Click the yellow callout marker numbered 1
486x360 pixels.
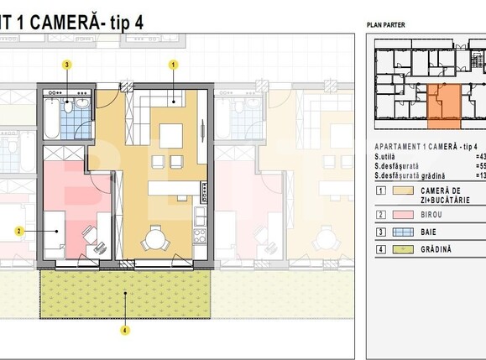point(174,64)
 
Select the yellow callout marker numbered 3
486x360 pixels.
point(67,64)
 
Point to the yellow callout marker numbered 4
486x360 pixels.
point(125,330)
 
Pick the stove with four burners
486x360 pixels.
point(201,234)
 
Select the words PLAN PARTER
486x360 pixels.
point(386,25)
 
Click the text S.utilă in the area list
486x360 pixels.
point(388,156)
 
